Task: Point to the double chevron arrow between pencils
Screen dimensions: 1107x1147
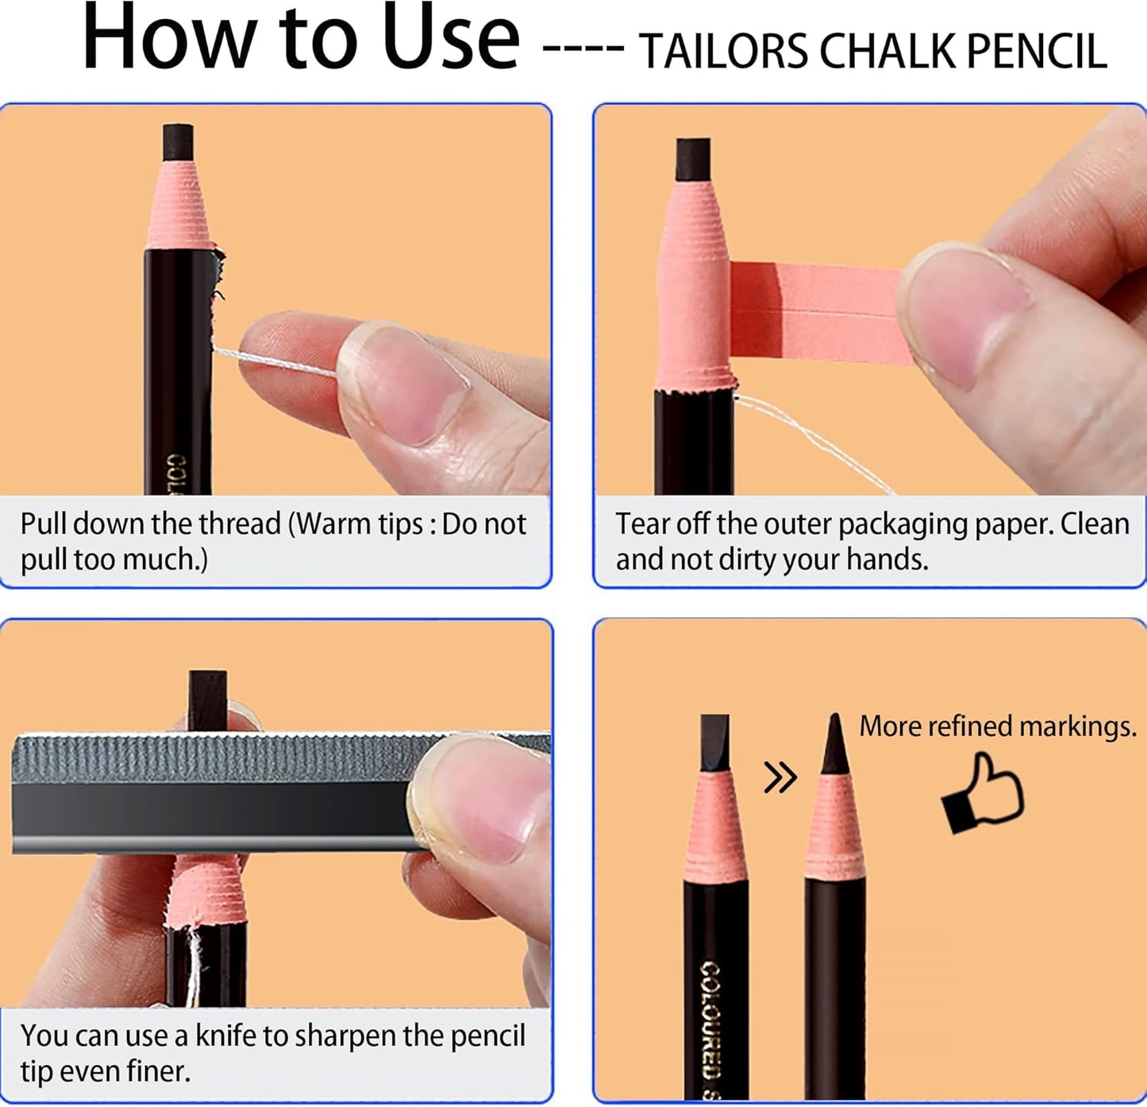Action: pyautogui.click(x=779, y=777)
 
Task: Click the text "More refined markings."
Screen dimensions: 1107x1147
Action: pyautogui.click(x=997, y=726)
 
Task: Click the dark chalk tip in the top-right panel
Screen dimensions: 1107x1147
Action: pyautogui.click(x=692, y=160)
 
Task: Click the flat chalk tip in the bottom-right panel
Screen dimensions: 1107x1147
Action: pyautogui.click(x=714, y=742)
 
